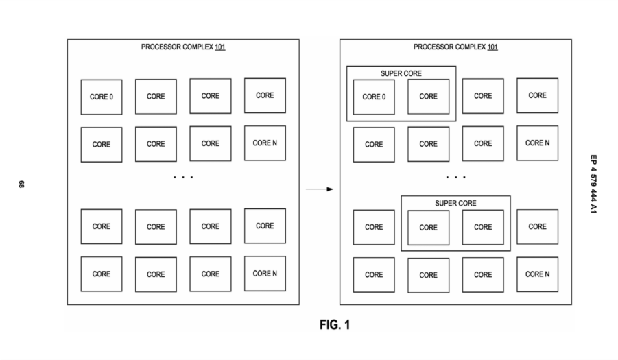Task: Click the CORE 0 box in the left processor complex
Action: tap(102, 97)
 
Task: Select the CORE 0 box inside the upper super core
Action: tap(374, 97)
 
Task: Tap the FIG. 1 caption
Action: tap(335, 324)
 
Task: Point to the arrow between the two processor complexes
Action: tap(320, 189)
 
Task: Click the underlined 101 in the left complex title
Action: tap(220, 47)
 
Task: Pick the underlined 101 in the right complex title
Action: tap(492, 47)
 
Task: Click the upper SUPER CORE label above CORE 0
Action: tap(401, 73)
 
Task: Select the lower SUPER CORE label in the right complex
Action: tap(455, 203)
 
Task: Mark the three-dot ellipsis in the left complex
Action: tap(183, 177)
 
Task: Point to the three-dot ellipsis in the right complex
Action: tap(455, 177)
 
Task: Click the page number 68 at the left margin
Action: tap(22, 184)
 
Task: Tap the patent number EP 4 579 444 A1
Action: tap(593, 184)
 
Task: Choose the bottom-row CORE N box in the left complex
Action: tap(265, 274)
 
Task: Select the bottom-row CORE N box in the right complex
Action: tap(537, 274)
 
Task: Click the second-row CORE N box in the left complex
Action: tap(265, 143)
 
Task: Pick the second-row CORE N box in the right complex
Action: tap(537, 143)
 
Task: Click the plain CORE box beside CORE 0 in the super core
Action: tap(429, 97)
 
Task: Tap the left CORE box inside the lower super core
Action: tap(429, 228)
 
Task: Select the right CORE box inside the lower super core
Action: tap(483, 227)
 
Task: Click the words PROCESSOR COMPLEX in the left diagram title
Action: tap(177, 47)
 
